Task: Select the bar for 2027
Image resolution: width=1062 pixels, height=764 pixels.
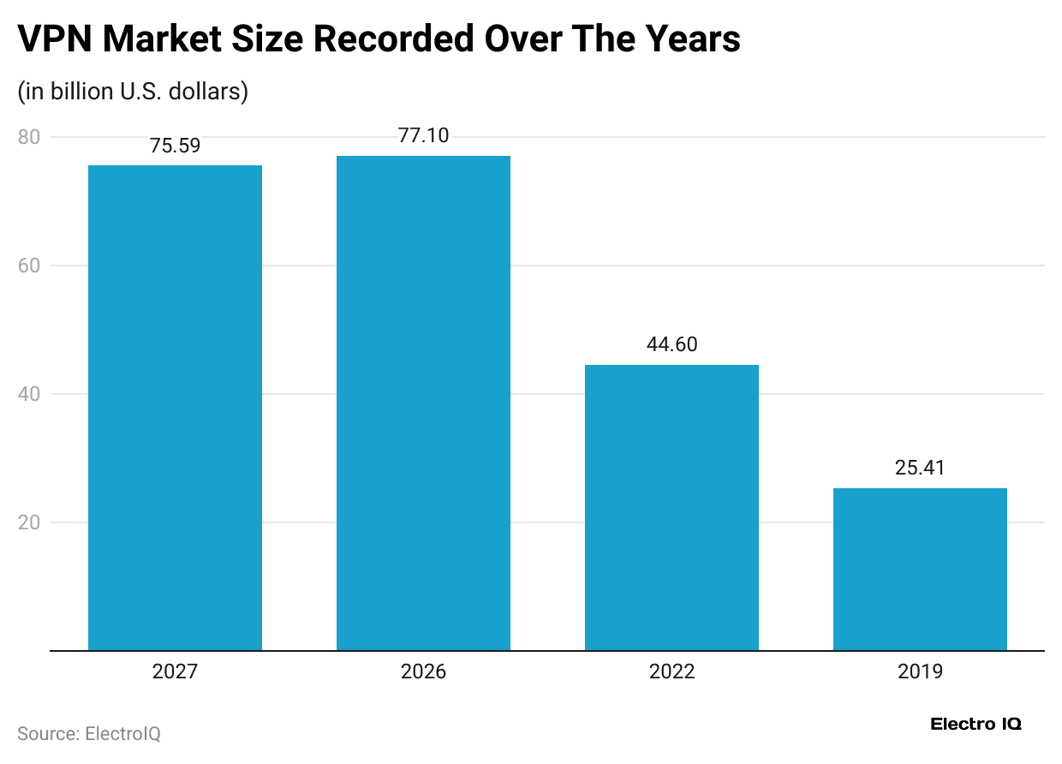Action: click(175, 408)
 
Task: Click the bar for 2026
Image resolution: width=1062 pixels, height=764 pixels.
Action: click(423, 403)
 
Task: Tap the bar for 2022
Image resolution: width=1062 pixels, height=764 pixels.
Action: click(671, 507)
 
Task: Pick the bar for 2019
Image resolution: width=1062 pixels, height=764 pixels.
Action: click(920, 569)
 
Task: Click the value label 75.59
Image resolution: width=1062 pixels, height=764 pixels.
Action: click(175, 146)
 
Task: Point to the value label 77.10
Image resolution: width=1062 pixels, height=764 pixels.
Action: click(423, 135)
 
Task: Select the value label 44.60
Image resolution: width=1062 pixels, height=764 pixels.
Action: click(671, 344)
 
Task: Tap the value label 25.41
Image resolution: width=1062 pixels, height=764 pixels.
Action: click(920, 468)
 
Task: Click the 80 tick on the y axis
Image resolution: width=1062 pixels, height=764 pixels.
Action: click(28, 137)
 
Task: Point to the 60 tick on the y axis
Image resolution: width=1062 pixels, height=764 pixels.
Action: click(28, 266)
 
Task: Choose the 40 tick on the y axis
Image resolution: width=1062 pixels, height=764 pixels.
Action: click(28, 394)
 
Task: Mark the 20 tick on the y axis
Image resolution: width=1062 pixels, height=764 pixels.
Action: click(28, 522)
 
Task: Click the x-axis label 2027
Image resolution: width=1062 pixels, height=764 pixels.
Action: click(175, 671)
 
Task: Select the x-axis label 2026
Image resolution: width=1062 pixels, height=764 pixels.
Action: click(423, 671)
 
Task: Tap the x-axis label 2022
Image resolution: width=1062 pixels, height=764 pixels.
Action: click(671, 671)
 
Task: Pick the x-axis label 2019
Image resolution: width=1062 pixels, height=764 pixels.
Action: click(920, 671)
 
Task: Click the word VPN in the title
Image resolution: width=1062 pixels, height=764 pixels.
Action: click(53, 39)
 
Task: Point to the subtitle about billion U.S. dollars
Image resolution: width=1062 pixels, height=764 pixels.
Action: click(133, 91)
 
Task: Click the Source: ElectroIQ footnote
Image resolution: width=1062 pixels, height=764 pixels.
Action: click(89, 734)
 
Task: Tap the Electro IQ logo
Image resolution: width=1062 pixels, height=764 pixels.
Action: click(975, 725)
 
